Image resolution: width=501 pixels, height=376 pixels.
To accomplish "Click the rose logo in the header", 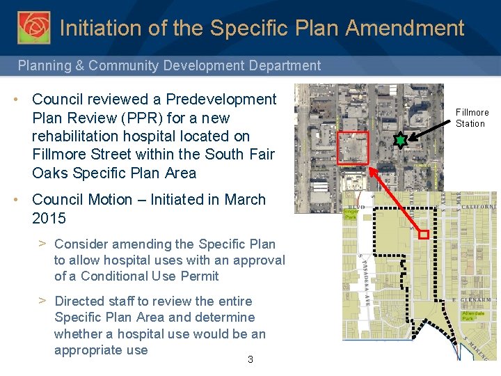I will (33, 27).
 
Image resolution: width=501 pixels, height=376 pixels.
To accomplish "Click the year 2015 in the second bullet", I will (49, 218).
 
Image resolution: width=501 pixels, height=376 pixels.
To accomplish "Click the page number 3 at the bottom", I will (250, 359).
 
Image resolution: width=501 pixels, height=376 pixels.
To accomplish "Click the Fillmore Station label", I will (472, 118).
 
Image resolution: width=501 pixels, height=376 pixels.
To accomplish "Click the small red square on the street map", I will (423, 235).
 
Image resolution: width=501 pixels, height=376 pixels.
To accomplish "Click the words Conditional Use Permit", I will (150, 276).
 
